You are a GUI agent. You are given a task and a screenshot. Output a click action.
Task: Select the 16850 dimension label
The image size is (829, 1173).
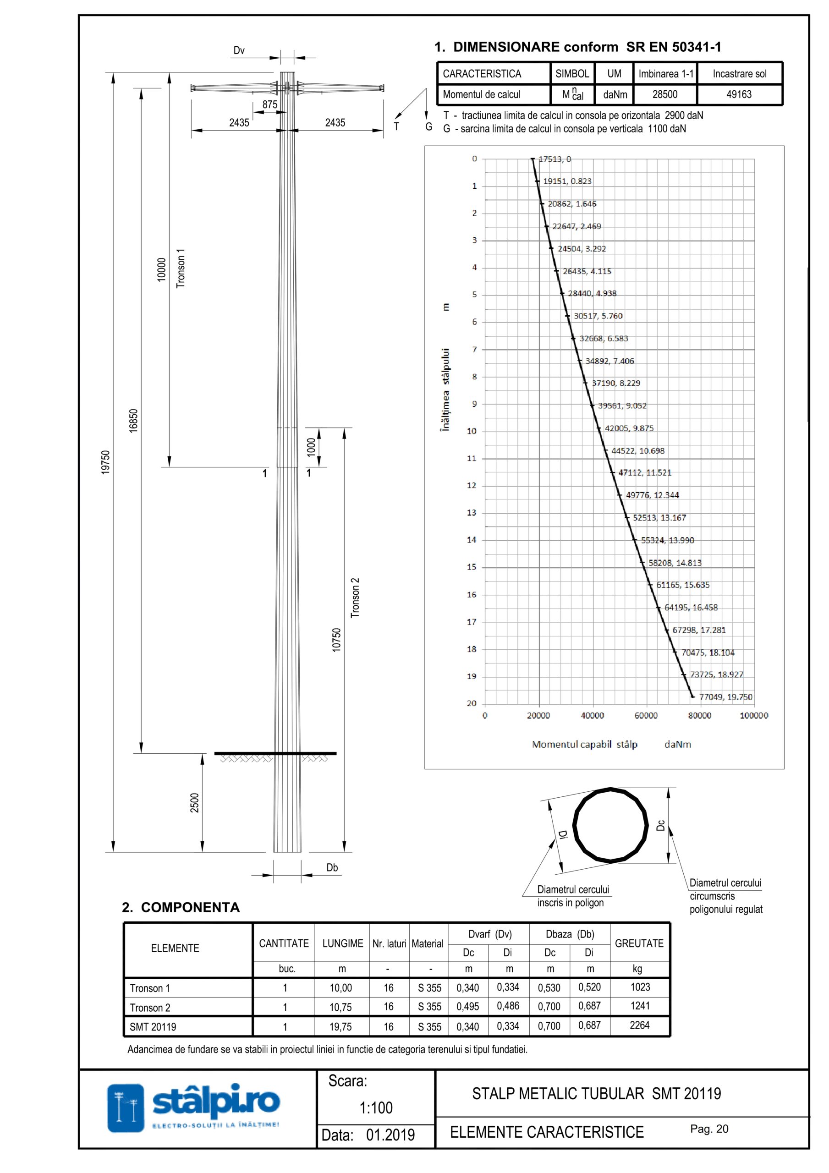[x=133, y=421]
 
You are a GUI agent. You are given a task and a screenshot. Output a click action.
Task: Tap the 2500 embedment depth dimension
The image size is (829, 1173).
[x=194, y=803]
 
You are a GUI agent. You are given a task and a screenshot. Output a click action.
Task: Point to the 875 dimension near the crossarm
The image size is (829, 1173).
[x=270, y=104]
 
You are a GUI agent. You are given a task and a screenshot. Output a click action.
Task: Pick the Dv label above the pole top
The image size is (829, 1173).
[x=239, y=50]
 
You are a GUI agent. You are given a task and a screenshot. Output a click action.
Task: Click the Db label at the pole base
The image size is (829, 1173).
[x=332, y=867]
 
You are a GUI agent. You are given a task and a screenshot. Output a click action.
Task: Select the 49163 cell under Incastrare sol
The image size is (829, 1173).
[x=739, y=94]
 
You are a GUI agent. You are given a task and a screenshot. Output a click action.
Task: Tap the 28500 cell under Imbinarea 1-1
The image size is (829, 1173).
[x=665, y=94]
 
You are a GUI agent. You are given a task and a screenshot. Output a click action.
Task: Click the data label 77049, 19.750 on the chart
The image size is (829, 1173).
[x=726, y=697]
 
